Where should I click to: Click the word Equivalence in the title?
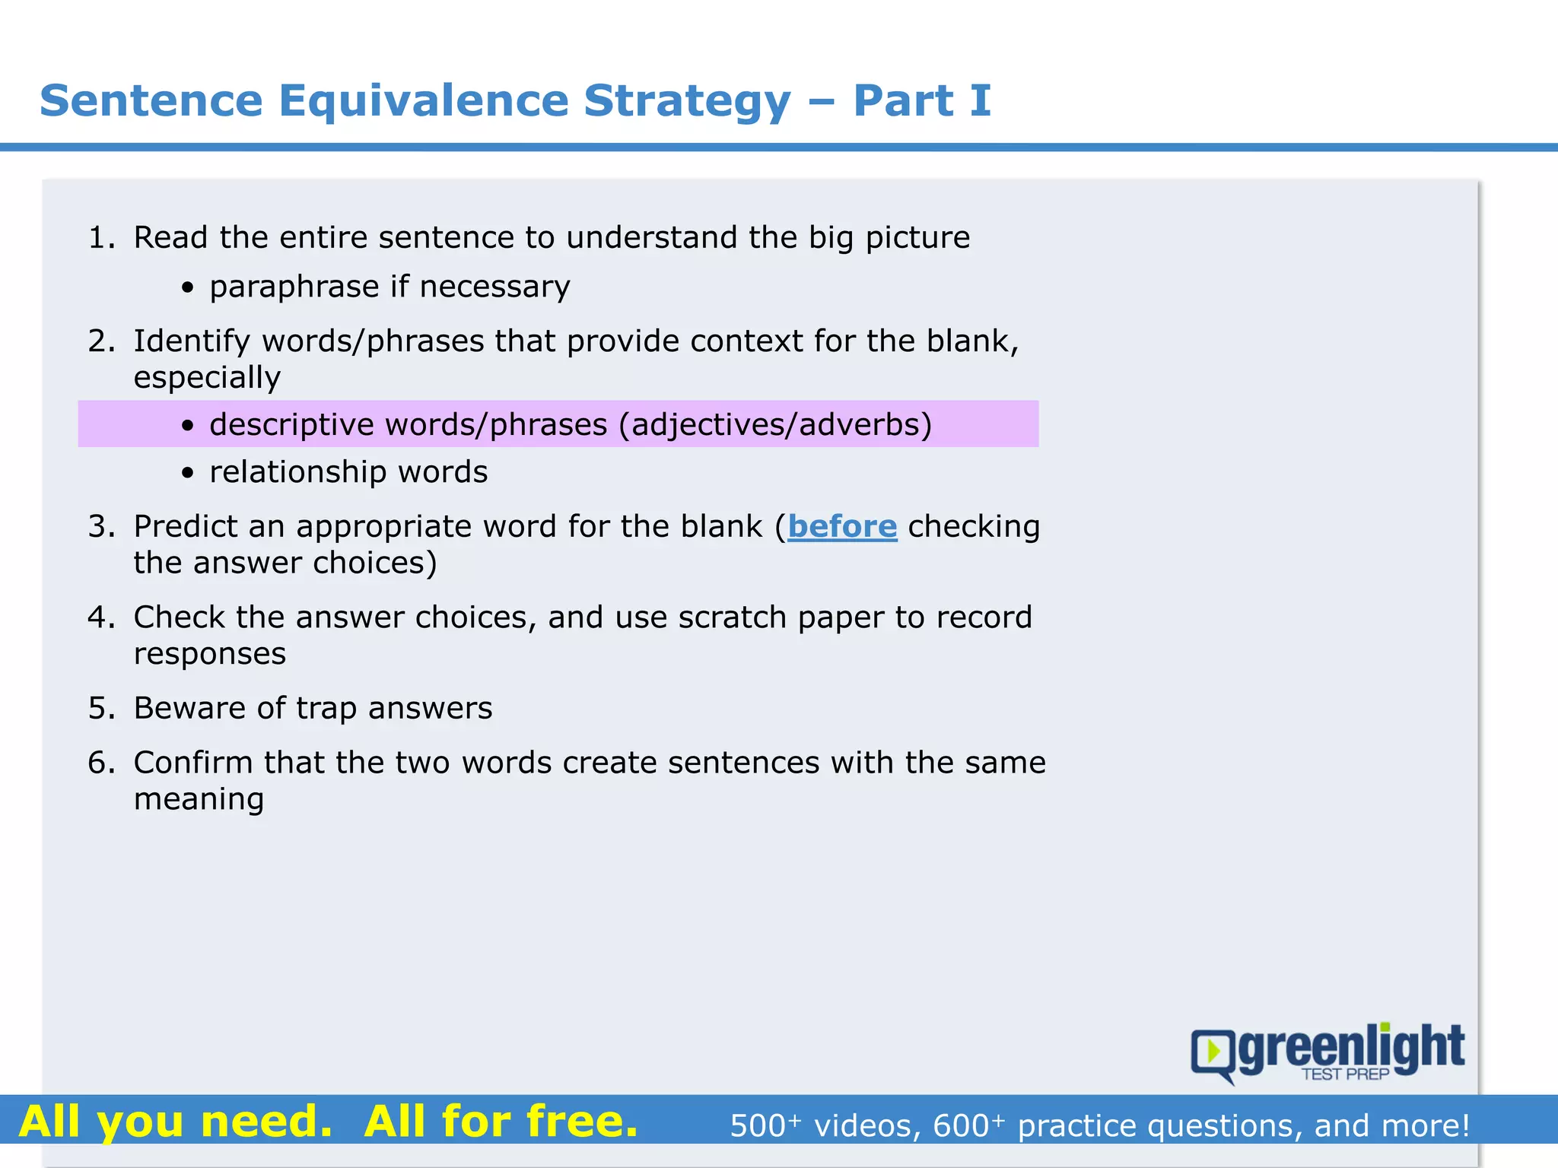coord(423,101)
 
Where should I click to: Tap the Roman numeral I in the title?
coord(981,101)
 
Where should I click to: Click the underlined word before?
coord(842,526)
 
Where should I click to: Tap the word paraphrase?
coord(294,287)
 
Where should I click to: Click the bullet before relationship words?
coord(188,474)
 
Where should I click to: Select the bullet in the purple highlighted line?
coord(188,426)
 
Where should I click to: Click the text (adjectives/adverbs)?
coord(775,424)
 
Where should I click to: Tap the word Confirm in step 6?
coord(193,763)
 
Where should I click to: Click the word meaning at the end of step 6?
coord(199,799)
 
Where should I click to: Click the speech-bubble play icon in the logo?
coord(1213,1052)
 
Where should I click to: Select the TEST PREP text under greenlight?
coord(1345,1074)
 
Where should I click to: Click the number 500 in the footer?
coord(758,1126)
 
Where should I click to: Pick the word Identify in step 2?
coord(192,341)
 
